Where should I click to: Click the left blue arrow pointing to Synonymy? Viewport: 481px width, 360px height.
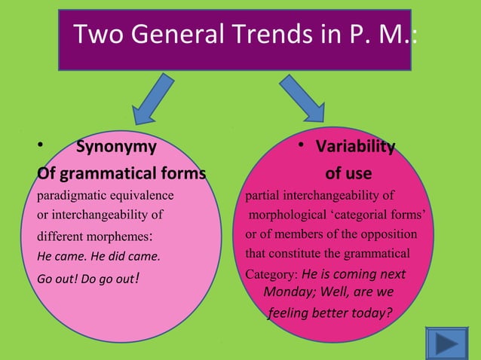pos(157,97)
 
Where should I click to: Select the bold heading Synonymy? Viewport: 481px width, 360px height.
pos(117,146)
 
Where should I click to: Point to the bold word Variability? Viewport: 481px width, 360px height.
pos(354,146)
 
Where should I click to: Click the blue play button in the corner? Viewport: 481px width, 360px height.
pos(451,344)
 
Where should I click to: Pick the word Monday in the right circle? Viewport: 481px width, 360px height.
pos(286,291)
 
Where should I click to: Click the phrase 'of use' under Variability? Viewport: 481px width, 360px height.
pos(348,174)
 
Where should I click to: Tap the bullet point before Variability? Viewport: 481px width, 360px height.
pos(301,145)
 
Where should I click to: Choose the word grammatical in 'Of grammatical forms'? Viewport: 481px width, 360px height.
pos(113,174)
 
